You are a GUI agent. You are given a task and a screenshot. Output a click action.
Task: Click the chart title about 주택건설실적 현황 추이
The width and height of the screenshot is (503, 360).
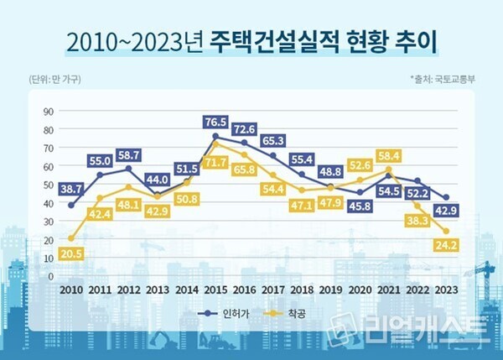(251, 39)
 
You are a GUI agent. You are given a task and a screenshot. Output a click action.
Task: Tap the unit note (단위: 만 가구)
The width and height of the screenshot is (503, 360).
(52, 80)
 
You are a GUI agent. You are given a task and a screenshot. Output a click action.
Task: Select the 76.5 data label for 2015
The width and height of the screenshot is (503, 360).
(215, 122)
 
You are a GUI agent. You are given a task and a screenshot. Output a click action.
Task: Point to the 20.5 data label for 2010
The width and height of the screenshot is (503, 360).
(70, 254)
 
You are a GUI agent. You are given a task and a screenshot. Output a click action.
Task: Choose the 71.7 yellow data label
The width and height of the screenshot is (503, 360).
(215, 161)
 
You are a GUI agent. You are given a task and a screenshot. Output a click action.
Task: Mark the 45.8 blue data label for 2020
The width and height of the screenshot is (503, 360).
(360, 206)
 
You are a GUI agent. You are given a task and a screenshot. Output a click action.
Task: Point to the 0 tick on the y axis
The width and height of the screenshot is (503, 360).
(50, 276)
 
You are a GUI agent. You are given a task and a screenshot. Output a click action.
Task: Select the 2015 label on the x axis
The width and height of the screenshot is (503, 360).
(215, 290)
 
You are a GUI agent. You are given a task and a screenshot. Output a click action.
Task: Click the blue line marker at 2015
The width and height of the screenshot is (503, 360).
(215, 136)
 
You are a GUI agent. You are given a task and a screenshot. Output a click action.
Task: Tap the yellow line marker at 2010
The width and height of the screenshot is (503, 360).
(70, 238)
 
